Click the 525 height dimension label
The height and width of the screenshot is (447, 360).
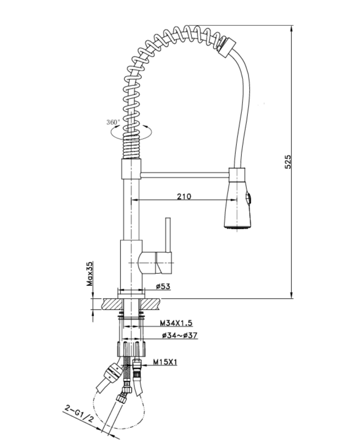coord(287,162)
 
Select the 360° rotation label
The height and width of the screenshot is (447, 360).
coord(114,122)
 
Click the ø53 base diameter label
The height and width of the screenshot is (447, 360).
coord(163,286)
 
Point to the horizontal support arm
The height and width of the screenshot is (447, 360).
coord(184,174)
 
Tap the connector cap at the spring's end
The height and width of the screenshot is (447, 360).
coord(225,45)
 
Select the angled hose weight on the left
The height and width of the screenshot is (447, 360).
coord(113,373)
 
